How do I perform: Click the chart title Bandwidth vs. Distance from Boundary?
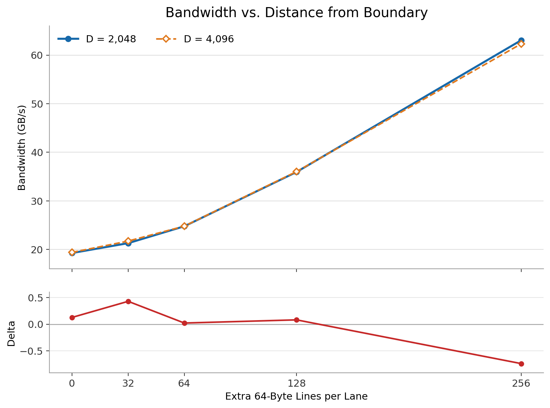[x=296, y=13]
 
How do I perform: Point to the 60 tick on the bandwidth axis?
[x=37, y=55]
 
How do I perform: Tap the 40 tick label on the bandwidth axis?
[x=37, y=152]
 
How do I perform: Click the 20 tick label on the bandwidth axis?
[x=37, y=249]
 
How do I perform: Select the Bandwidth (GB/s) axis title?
[x=22, y=148]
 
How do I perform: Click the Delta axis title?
[x=11, y=333]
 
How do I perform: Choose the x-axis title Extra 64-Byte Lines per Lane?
[x=296, y=396]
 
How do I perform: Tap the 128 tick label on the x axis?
[x=296, y=383]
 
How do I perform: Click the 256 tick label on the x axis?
[x=521, y=383]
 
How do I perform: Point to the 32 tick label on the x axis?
[x=128, y=383]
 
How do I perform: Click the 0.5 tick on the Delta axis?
[x=36, y=298]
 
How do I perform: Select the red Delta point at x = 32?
[x=128, y=301]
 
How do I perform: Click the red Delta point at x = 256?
[x=521, y=364]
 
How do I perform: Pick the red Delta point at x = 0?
[x=72, y=318]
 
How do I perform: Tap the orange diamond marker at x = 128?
[x=296, y=172]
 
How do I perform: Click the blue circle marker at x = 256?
[x=521, y=40]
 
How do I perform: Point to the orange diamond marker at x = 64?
[x=184, y=226]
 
